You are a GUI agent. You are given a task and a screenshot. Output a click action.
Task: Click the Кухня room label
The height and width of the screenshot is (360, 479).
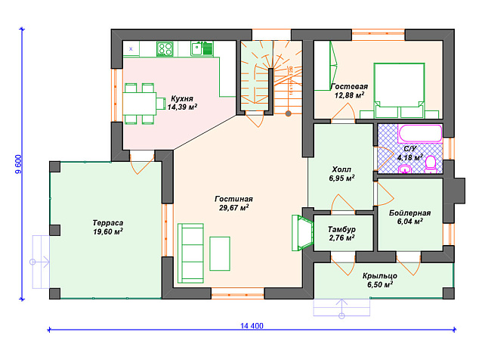click(182, 98)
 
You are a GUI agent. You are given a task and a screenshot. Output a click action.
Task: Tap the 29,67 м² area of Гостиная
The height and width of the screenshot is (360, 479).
click(233, 208)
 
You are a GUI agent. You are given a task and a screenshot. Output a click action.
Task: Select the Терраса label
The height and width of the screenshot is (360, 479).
click(108, 222)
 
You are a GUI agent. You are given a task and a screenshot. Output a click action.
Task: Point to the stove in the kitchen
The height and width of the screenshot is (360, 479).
click(165, 49)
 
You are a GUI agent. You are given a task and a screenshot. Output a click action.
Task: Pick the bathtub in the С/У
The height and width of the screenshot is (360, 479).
click(420, 133)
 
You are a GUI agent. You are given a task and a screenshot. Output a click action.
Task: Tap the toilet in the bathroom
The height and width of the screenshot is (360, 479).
click(431, 165)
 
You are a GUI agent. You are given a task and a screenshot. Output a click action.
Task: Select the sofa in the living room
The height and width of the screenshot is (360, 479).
click(190, 253)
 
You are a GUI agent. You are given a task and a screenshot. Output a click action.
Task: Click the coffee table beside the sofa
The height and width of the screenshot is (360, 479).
click(220, 253)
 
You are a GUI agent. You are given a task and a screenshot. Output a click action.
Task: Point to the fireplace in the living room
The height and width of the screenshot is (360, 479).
click(302, 233)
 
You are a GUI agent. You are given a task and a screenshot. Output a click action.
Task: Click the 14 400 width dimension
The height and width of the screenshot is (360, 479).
click(252, 326)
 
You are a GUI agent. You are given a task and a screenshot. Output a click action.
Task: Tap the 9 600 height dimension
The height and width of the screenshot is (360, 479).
click(19, 164)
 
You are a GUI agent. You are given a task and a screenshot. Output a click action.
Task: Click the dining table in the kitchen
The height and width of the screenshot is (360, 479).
click(140, 104)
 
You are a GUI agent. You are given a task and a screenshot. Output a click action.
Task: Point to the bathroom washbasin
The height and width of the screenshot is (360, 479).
click(405, 169)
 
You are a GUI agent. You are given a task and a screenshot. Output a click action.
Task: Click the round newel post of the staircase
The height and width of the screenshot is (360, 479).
click(288, 113)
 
